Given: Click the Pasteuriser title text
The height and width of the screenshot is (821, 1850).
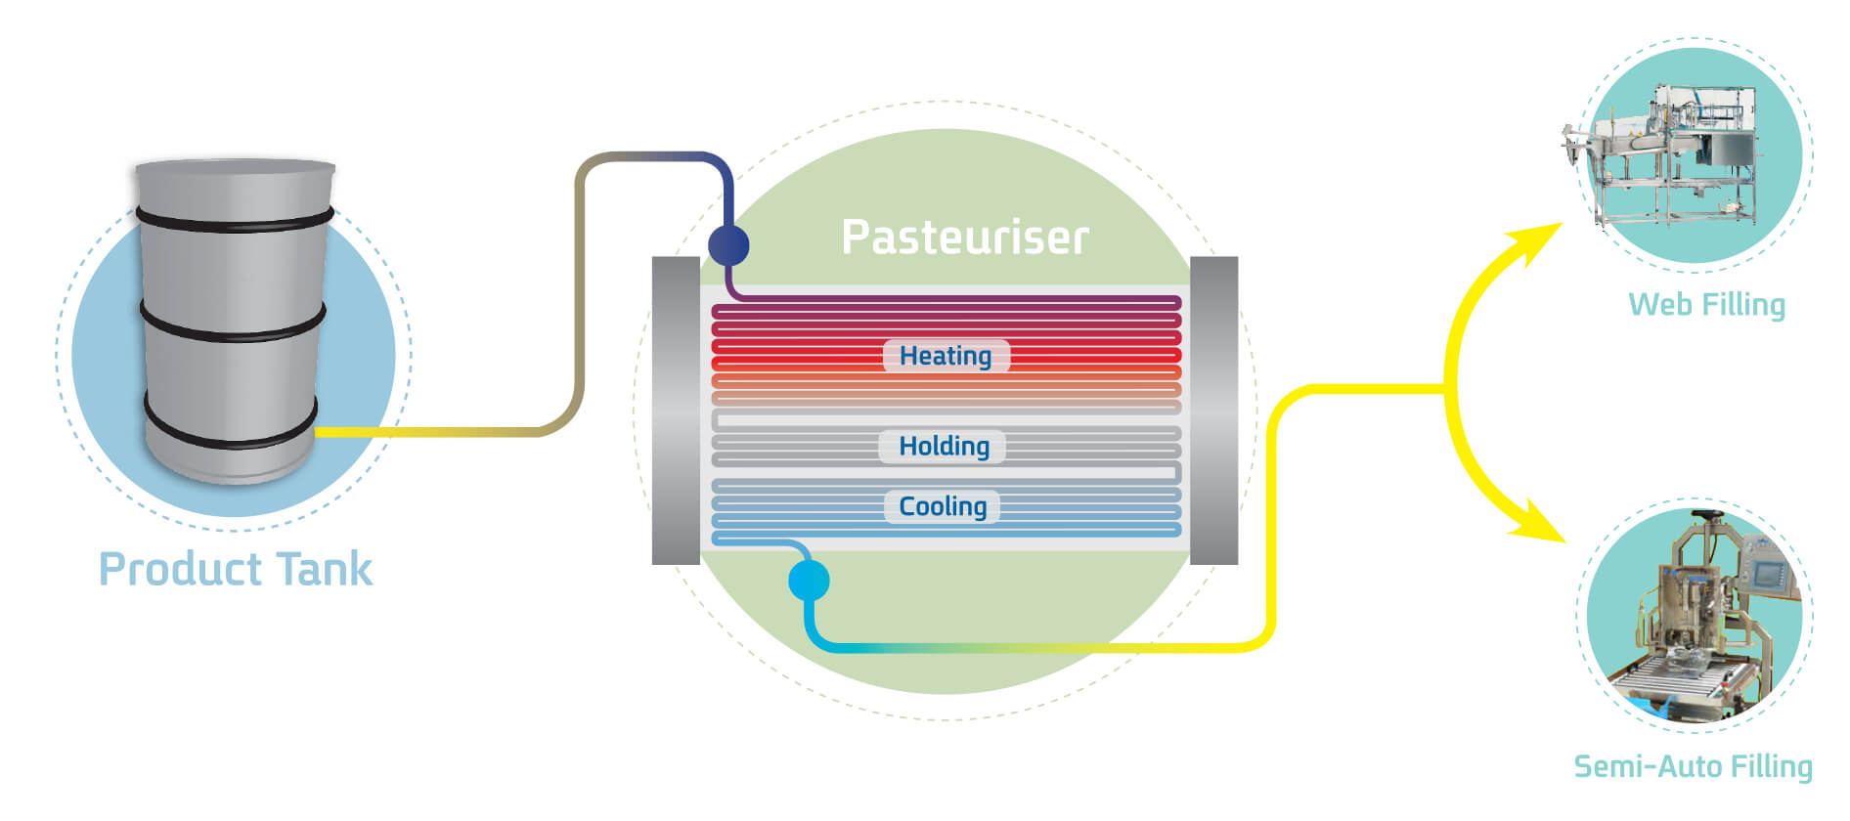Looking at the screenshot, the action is (x=965, y=238).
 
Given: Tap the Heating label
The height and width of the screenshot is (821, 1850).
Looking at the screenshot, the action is (x=946, y=356).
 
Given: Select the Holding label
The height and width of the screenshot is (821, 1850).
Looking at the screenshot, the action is (x=944, y=446).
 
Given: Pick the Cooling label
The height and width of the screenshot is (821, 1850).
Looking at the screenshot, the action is (x=943, y=506).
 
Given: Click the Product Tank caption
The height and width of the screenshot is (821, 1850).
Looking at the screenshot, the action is (x=236, y=569).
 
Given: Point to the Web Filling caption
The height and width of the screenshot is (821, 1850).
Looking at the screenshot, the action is (x=1707, y=305).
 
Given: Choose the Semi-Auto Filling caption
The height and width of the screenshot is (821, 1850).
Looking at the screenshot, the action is (x=1694, y=766).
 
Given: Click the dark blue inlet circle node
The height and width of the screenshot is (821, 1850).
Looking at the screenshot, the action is (x=728, y=244).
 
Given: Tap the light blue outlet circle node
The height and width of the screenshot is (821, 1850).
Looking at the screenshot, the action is (x=809, y=581).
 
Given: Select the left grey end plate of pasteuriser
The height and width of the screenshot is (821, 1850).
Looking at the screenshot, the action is (x=676, y=410).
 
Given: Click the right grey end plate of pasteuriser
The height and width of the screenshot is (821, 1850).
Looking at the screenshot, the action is (x=1213, y=410).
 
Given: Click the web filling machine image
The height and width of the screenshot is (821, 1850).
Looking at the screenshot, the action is (x=1662, y=156).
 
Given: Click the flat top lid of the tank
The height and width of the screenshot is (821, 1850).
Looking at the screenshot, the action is (x=235, y=168).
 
